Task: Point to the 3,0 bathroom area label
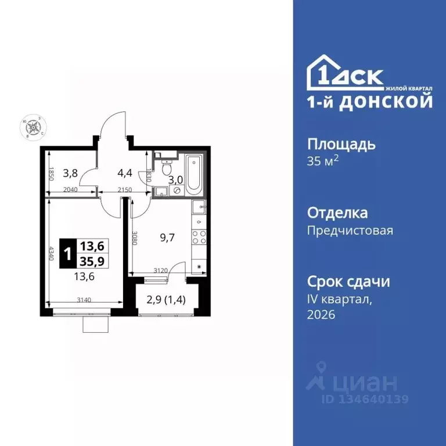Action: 175,180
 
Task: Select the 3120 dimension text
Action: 160,270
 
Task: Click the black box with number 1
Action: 69,253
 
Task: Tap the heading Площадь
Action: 341,144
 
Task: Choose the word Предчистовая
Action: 350,231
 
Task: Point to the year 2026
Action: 321,315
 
